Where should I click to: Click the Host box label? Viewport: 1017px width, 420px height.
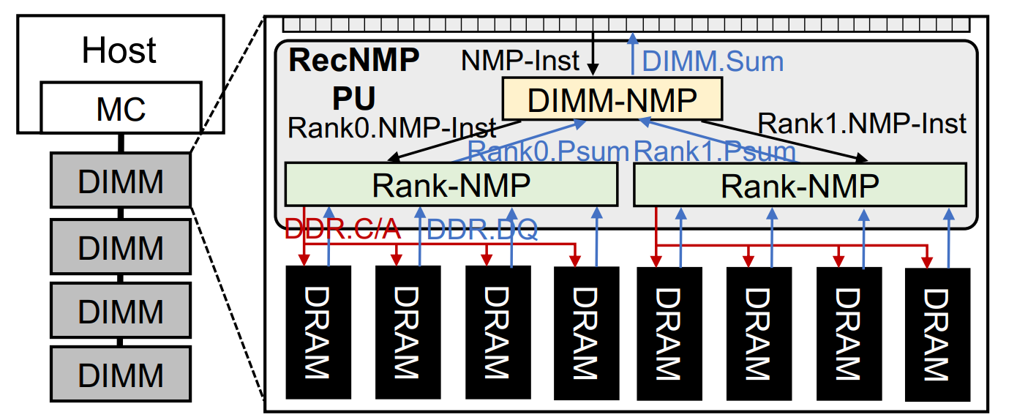(x=119, y=50)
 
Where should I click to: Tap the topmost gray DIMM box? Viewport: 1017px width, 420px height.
(x=121, y=180)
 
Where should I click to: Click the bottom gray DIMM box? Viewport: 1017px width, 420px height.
(x=121, y=375)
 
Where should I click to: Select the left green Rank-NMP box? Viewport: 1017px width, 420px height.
(x=451, y=185)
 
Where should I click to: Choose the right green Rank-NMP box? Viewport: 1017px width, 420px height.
(x=800, y=185)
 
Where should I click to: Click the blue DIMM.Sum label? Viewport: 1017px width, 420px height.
(x=712, y=61)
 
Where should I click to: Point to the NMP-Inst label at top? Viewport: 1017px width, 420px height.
(x=520, y=61)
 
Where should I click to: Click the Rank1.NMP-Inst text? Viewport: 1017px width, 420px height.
(x=863, y=123)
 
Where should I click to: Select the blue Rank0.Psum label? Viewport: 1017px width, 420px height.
(x=548, y=151)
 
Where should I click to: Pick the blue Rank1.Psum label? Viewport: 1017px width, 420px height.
(x=715, y=151)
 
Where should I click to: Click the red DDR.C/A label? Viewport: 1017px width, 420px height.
(x=342, y=230)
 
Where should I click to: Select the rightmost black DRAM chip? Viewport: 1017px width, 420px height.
(x=937, y=333)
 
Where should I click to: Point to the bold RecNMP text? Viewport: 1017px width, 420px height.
(x=354, y=61)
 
